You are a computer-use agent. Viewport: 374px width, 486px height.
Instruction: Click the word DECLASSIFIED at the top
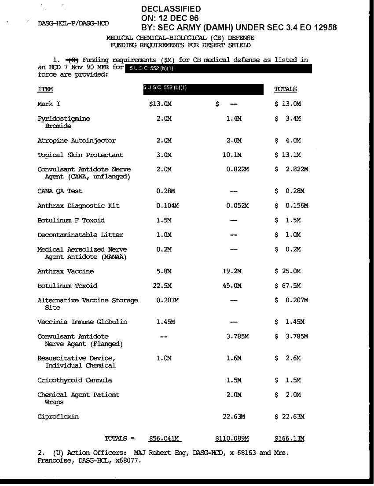(171, 9)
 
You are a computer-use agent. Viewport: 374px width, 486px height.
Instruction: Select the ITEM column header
(45, 89)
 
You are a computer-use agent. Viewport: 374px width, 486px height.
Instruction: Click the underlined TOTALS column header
(286, 89)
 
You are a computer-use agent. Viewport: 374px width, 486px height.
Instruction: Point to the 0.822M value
(238, 169)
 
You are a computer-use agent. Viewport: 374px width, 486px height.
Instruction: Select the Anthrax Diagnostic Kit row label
(78, 206)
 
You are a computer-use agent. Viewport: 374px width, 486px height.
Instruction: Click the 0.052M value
(238, 206)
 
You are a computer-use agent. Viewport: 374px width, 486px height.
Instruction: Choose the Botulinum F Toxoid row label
(71, 220)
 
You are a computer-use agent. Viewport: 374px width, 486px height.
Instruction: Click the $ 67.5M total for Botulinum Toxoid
(287, 286)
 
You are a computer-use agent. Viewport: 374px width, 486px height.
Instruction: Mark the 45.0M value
(232, 286)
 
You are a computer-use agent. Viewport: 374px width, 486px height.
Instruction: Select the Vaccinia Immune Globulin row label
(82, 322)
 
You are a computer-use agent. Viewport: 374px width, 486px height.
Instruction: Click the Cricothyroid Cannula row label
(75, 380)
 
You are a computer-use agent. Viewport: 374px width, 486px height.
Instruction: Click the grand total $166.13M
(289, 438)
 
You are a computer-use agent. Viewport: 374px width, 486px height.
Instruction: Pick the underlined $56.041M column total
(165, 438)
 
